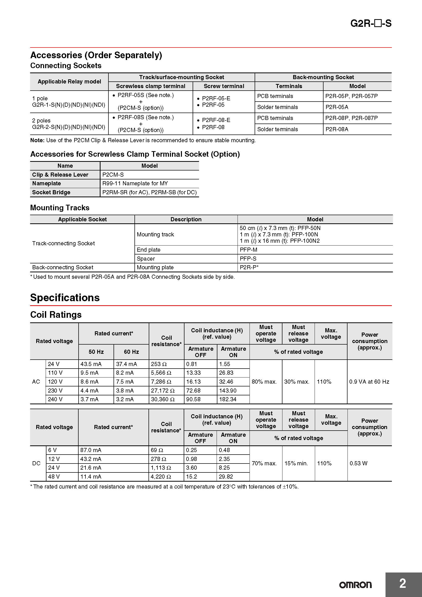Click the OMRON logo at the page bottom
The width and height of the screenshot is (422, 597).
pyautogui.click(x=355, y=585)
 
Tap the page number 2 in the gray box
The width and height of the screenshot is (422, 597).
pyautogui.click(x=403, y=583)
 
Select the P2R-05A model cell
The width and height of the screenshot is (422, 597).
pyautogui.click(x=337, y=107)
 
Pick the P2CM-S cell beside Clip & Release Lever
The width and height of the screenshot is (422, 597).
pyautogui.click(x=113, y=175)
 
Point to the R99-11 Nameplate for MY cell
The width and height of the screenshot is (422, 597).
pyautogui.click(x=135, y=184)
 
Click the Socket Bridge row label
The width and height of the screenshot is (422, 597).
pyautogui.click(x=51, y=192)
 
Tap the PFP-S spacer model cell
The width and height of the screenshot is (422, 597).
pyautogui.click(x=248, y=259)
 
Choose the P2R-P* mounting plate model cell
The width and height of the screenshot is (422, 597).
pyautogui.click(x=249, y=267)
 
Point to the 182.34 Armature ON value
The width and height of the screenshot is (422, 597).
pyautogui.click(x=228, y=399)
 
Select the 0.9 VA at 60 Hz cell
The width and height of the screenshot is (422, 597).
pyautogui.click(x=369, y=382)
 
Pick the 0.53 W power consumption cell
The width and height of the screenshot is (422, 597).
pyautogui.click(x=358, y=463)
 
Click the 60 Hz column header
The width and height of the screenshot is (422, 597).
pyautogui.click(x=131, y=352)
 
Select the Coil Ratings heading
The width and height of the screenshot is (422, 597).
pyautogui.click(x=56, y=315)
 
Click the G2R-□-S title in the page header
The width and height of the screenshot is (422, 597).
pyautogui.click(x=370, y=23)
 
